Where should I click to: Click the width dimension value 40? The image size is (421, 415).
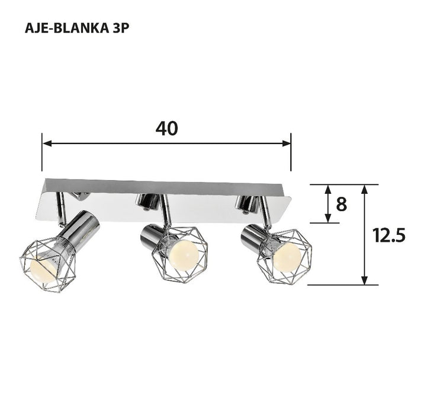166,128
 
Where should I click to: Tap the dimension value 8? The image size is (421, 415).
341,204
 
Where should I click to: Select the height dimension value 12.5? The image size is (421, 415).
388,235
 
